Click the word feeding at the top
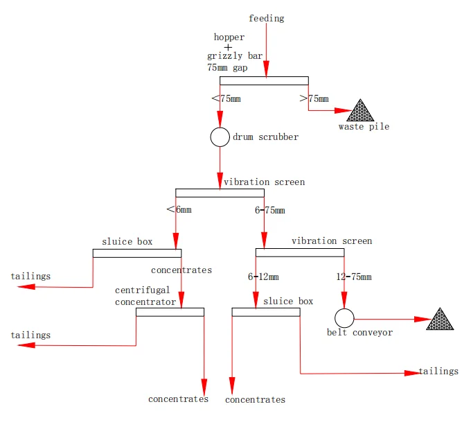pos(266,18)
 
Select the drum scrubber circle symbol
pos(220,137)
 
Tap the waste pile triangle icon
pos(360,111)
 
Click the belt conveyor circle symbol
pos(344,318)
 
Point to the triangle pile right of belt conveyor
pos(439,320)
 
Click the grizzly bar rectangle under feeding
pos(264,80)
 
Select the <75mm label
pos(226,98)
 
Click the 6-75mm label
pos(269,210)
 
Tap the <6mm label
pos(180,210)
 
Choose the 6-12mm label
pos(263,277)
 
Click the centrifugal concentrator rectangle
pos(170,312)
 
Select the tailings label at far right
pos(438,372)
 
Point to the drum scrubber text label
pos(265,137)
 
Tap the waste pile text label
pos(364,127)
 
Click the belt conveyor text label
pos(359,333)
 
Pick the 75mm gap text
pos(226,68)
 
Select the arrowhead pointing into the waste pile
pos(344,110)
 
